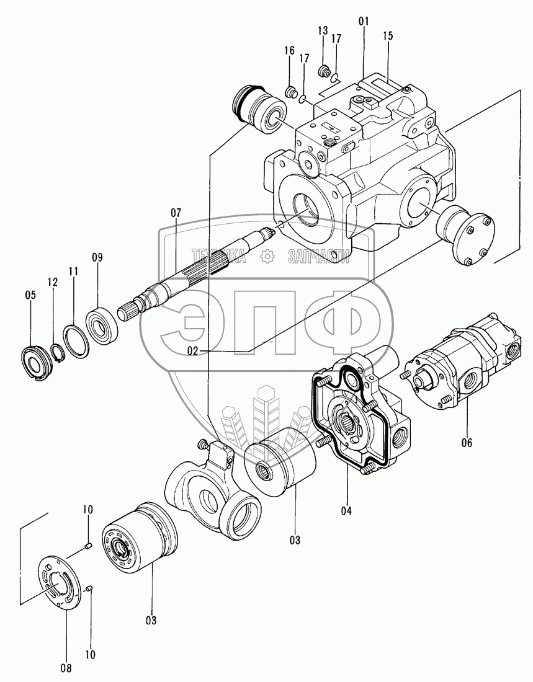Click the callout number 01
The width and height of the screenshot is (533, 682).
coord(363,21)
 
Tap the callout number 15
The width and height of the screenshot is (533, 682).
coord(388,37)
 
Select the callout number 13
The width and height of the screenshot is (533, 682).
coord(323,31)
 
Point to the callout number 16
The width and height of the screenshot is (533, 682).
coord(289,51)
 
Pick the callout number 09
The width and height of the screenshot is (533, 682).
coord(97,257)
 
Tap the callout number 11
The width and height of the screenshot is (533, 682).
coord(73,271)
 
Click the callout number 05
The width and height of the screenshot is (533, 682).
coord(30,296)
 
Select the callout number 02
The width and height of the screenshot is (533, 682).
coord(193,350)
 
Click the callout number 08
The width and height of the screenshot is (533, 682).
coord(66,668)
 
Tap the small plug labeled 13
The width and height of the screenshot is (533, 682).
coord(323,72)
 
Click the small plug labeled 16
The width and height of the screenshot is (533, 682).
coord(289,93)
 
